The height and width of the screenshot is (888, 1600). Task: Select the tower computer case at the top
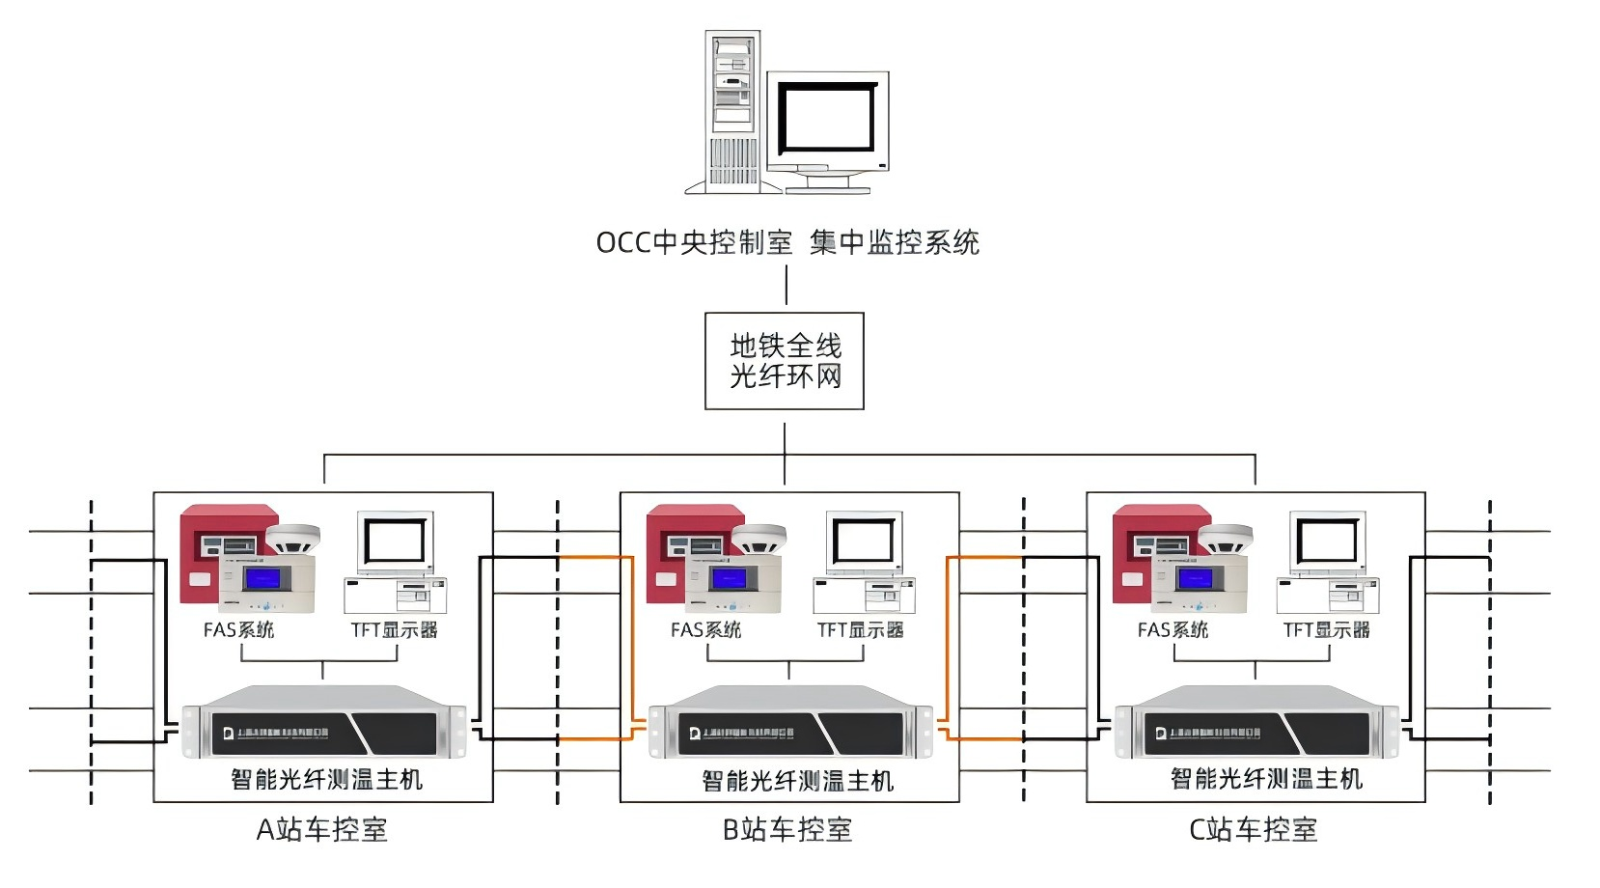(732, 111)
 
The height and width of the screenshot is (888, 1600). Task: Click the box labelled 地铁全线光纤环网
(785, 361)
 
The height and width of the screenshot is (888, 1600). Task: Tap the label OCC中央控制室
(694, 242)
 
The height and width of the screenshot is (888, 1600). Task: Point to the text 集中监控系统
(895, 242)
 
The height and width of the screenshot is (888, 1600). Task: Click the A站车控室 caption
(322, 829)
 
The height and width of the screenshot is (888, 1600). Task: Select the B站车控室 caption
(787, 829)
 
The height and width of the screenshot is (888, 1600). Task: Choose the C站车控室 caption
(1253, 829)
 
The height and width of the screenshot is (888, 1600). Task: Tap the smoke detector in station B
(759, 539)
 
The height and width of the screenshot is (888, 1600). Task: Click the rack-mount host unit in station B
(789, 724)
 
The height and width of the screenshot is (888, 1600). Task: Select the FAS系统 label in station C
(1172, 630)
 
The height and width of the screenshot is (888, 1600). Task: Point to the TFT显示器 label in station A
(394, 630)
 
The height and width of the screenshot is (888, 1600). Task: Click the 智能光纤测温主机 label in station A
(327, 779)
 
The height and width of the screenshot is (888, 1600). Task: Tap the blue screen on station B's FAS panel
(728, 579)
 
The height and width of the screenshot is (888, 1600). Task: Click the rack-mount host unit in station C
(1256, 724)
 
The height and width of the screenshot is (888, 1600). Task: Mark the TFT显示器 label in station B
(860, 630)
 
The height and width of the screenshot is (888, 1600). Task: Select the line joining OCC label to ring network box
(786, 286)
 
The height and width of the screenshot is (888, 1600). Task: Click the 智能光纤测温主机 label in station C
(1266, 779)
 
